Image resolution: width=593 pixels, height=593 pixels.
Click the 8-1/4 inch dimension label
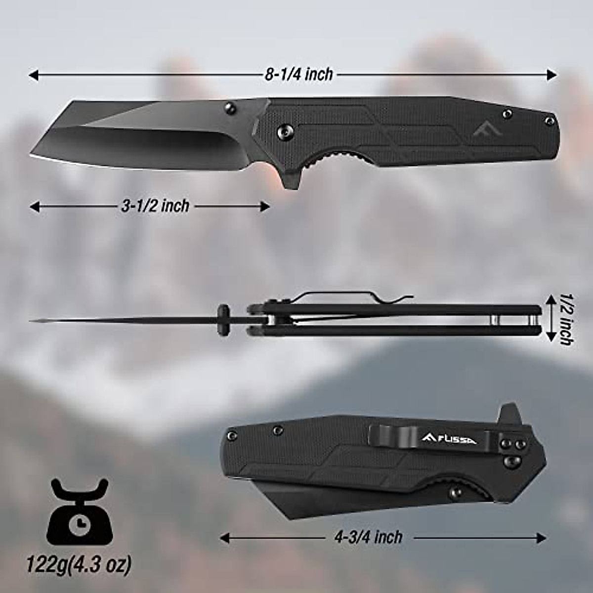[x=299, y=75]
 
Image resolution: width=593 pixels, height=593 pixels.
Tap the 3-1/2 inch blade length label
[x=155, y=206]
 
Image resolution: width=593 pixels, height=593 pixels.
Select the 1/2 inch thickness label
[x=565, y=319]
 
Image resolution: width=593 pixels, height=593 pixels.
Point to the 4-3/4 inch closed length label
[x=369, y=537]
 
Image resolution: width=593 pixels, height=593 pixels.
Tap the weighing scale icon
[x=80, y=511]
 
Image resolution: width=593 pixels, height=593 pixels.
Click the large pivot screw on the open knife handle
[x=285, y=130]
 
